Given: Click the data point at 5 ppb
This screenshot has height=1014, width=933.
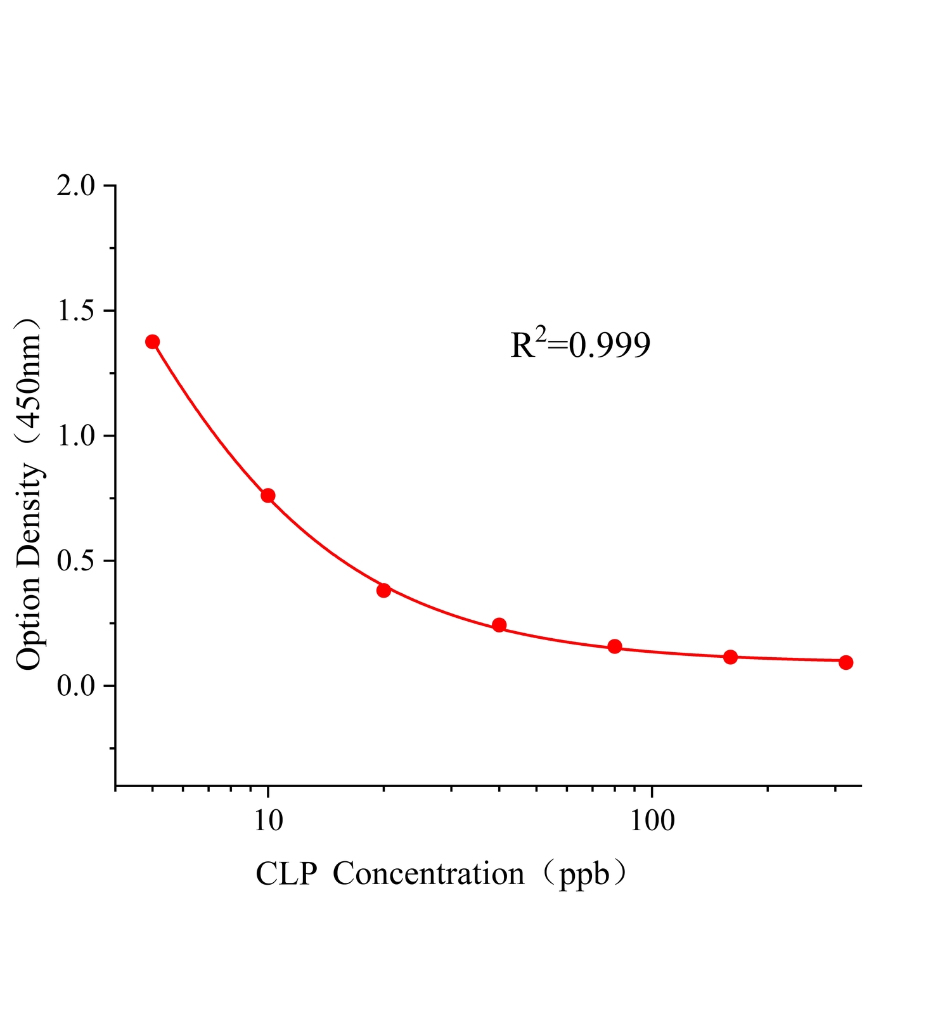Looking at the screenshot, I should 152,342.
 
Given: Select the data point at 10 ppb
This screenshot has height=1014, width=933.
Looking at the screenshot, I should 267,496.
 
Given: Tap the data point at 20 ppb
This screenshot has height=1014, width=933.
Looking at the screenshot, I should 383,590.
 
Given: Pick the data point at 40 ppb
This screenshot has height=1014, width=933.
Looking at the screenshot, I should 499,625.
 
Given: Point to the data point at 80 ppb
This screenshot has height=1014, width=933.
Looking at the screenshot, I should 615,646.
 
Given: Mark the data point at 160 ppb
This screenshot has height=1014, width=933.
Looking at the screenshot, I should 730,657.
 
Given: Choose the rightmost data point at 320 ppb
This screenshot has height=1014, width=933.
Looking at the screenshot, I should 846,662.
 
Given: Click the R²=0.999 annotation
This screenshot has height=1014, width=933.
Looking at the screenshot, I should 580,345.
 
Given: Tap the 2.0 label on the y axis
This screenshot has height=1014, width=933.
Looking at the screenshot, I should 75,186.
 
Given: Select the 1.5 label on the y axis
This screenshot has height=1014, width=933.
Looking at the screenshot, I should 75,311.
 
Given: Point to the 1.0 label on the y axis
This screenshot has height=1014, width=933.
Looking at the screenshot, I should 75,436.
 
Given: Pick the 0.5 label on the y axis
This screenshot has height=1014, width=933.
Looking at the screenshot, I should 75,561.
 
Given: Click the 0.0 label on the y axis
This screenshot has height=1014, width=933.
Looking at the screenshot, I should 75,686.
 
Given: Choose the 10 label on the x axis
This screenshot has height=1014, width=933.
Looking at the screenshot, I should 268,819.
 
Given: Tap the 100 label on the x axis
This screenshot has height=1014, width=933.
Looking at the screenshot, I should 652,819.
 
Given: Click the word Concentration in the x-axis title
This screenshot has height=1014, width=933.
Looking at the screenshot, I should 428,874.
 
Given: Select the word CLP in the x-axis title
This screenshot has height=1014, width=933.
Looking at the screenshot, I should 286,874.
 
